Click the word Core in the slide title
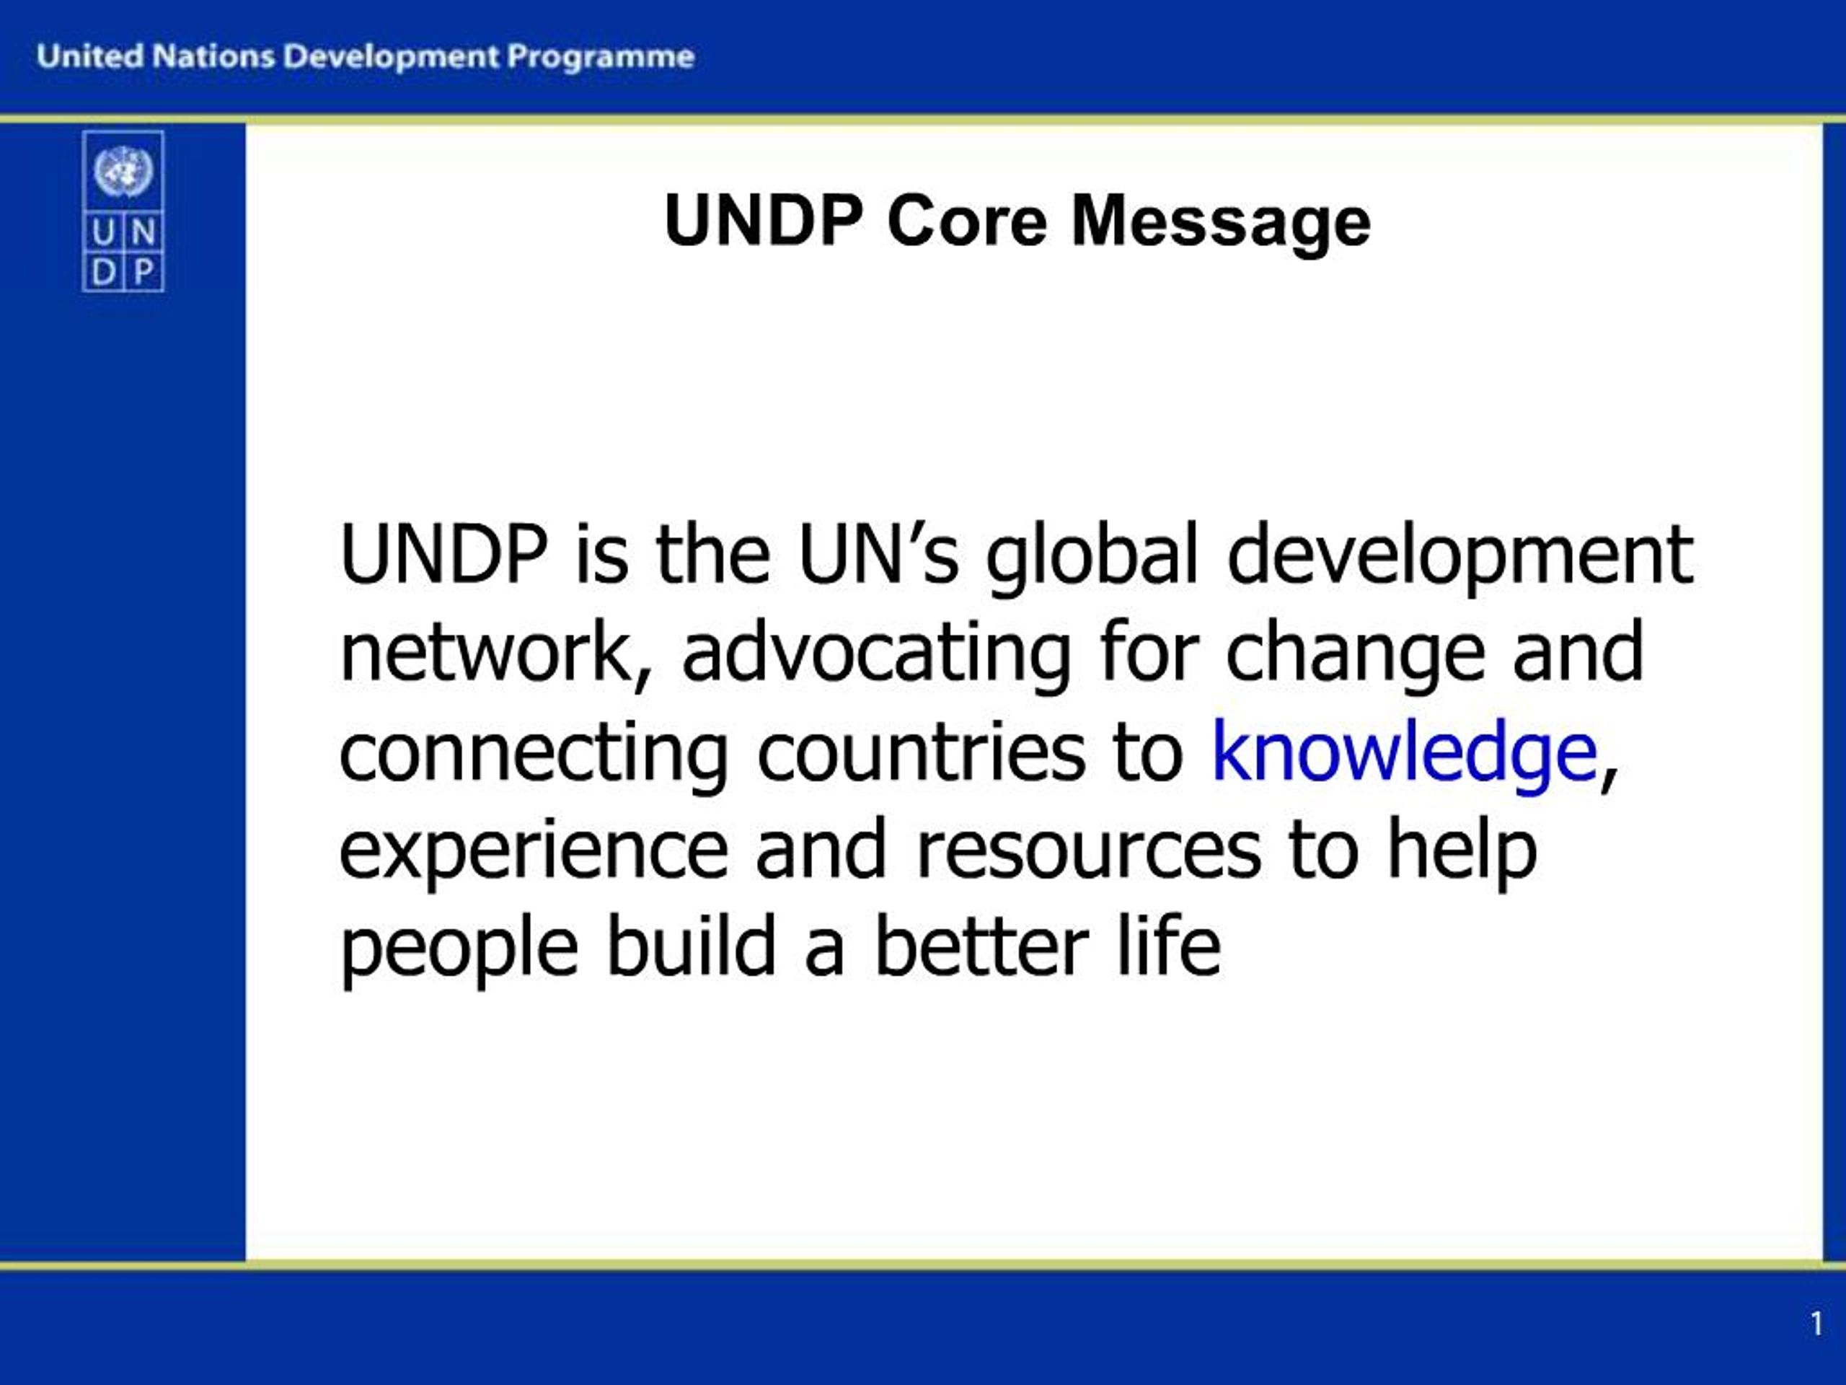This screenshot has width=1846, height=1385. click(966, 221)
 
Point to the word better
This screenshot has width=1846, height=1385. click(981, 946)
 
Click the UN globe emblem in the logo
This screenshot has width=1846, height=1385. click(123, 171)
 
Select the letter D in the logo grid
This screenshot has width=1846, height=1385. click(102, 271)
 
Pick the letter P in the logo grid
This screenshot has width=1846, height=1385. click(143, 271)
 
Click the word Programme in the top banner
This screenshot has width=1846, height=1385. click(601, 58)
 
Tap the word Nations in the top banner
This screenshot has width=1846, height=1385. click(214, 56)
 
